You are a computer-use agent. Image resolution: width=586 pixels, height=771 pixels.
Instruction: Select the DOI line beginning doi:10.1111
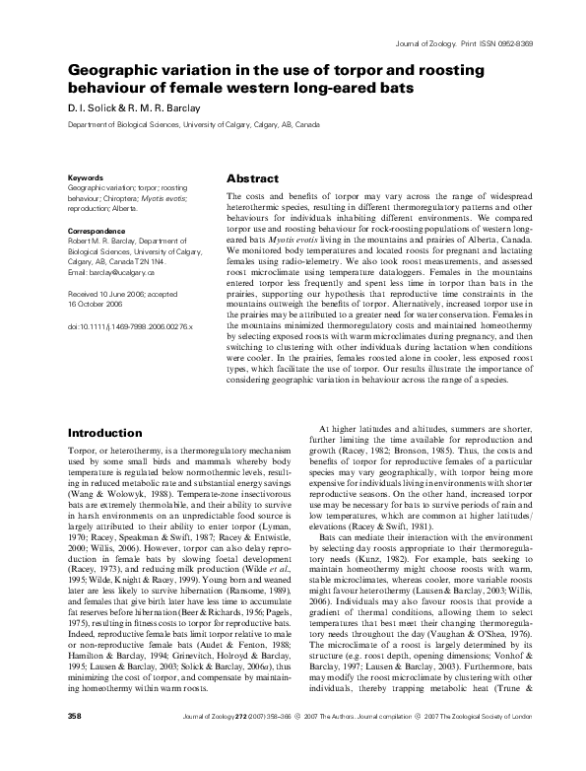pos(129,324)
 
